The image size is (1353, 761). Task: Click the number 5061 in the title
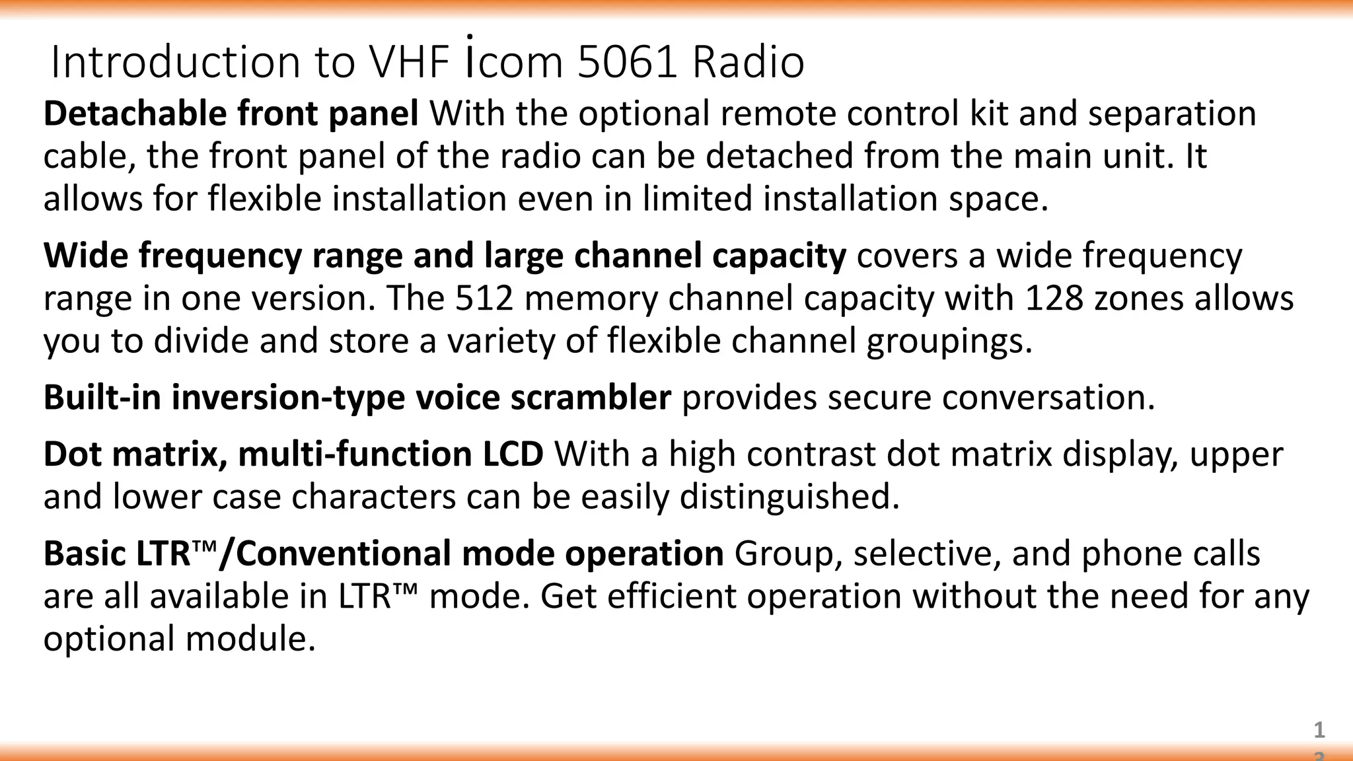[627, 62]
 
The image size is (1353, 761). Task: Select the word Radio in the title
[748, 62]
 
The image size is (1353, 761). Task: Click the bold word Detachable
[135, 114]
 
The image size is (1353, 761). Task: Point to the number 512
[484, 299]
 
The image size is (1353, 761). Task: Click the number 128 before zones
[1054, 299]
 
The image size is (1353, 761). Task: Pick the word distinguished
[789, 497]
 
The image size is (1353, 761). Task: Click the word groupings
[949, 342]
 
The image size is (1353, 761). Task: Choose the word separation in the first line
[1172, 114]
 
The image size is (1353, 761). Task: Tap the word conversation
[1048, 398]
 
